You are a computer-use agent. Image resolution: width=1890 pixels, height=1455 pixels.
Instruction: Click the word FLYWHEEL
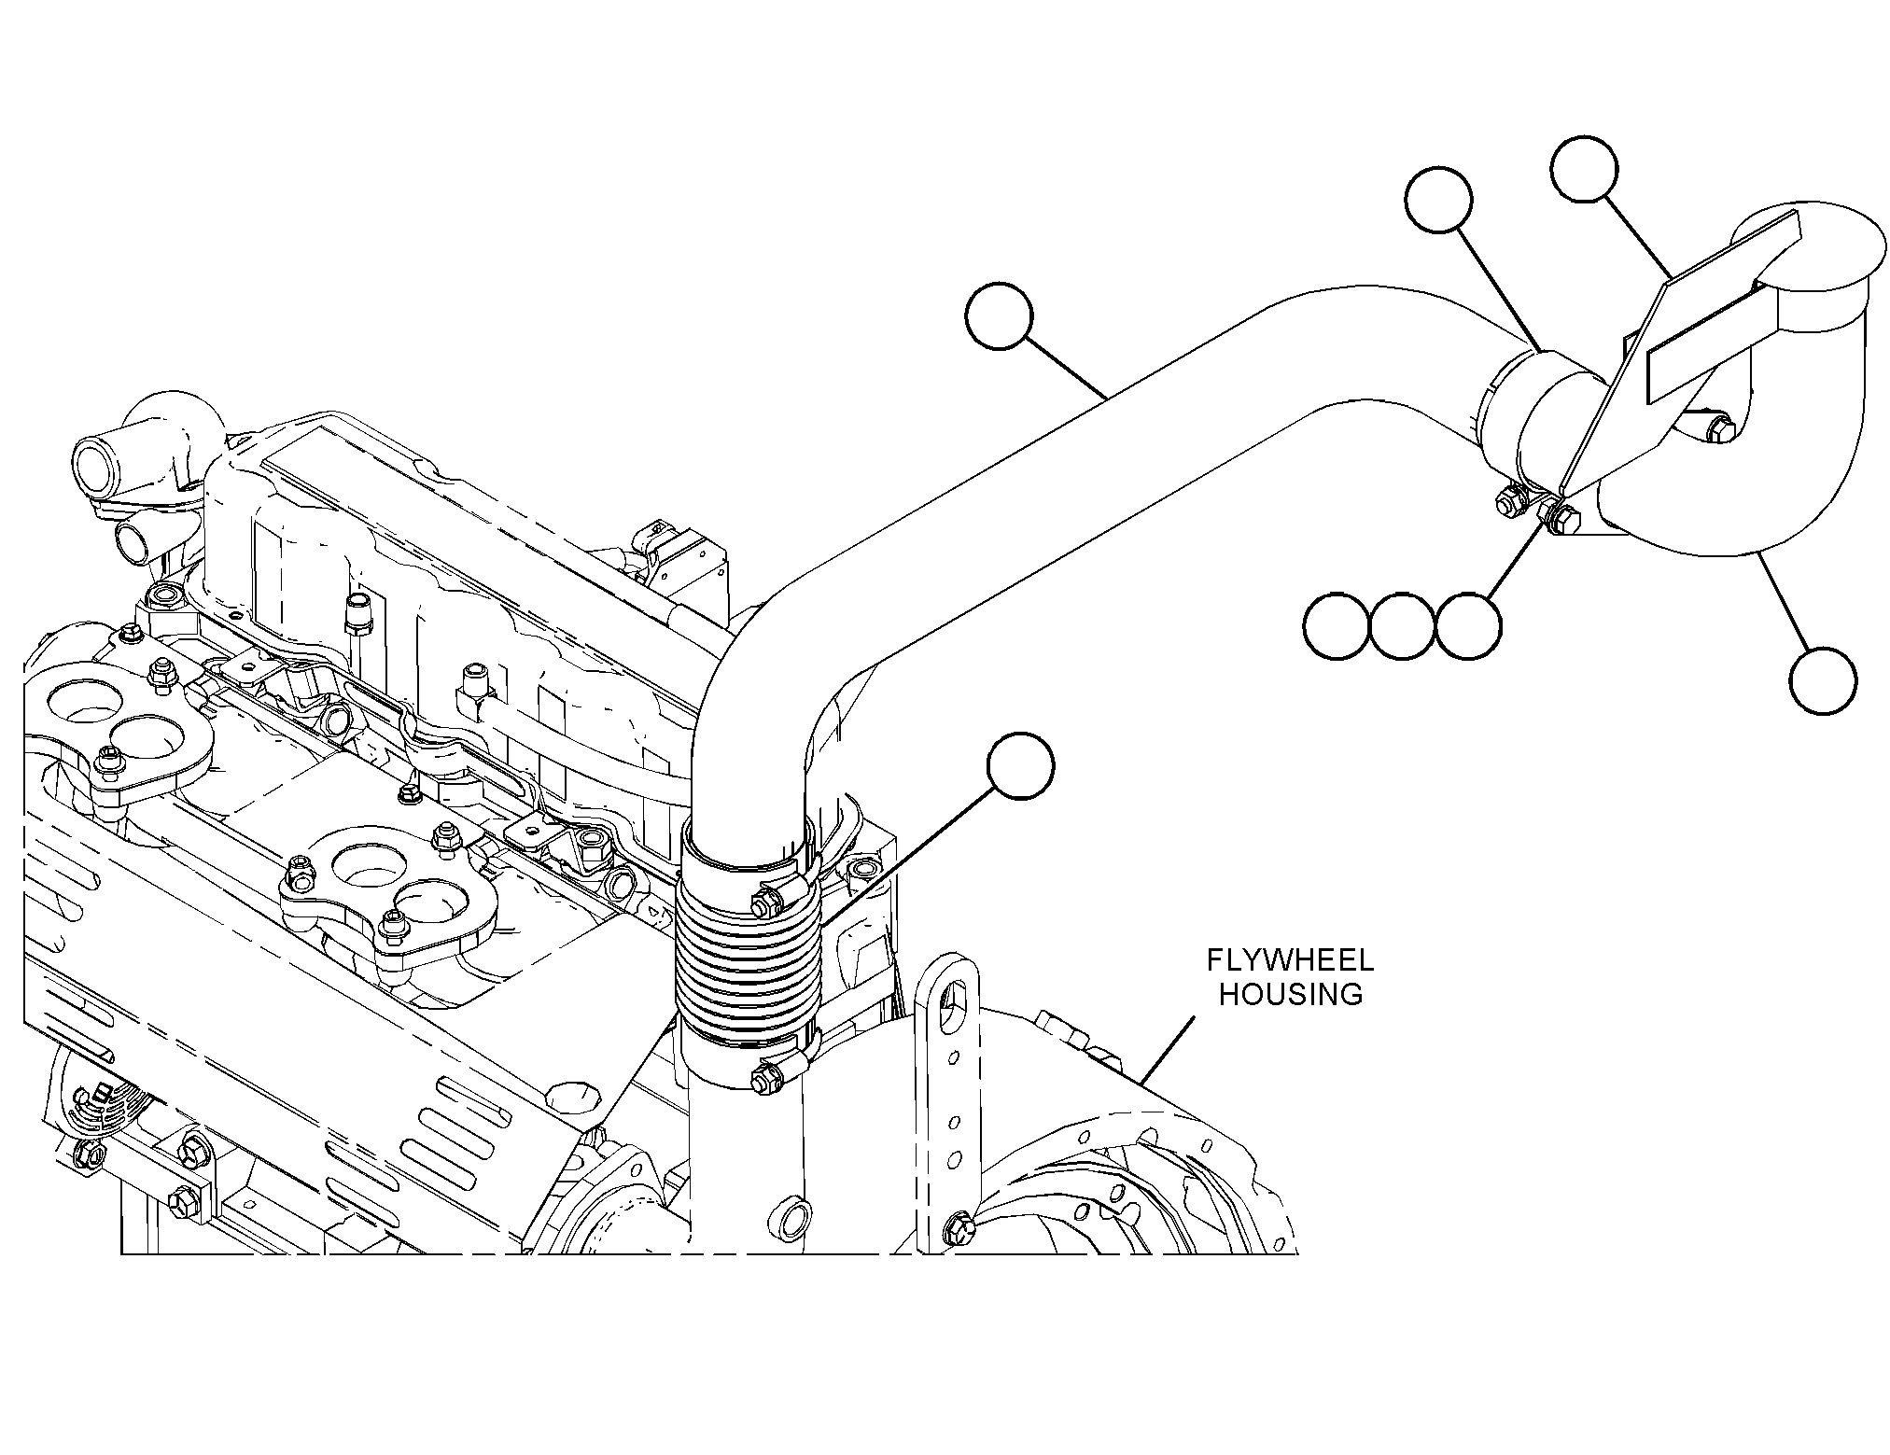pos(1291,960)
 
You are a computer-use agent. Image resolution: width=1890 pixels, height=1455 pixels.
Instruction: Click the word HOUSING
pos(1291,995)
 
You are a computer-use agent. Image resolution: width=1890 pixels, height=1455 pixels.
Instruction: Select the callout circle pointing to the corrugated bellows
pos(1022,765)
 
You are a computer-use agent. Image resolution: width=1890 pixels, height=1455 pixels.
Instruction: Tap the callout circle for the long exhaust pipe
pos(1000,317)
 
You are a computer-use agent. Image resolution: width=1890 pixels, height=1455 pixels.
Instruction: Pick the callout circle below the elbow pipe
pos(1824,682)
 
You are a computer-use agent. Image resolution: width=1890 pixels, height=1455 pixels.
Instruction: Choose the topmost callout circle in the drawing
pos(1584,169)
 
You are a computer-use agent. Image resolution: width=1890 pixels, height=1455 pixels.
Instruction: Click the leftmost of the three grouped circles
pos(1337,626)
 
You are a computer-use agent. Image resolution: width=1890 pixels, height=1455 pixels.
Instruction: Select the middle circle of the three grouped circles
pos(1403,626)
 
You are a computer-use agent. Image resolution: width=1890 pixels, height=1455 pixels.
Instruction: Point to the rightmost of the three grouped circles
pos(1469,626)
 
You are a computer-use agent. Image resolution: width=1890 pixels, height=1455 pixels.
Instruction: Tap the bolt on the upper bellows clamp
pos(765,902)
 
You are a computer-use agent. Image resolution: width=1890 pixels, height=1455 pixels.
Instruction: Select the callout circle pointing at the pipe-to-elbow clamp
pos(1438,200)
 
